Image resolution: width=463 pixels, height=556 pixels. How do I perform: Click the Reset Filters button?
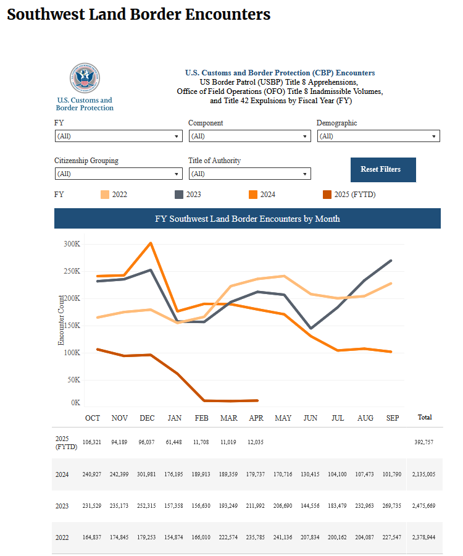click(x=383, y=169)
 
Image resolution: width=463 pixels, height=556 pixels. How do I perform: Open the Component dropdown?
click(x=250, y=136)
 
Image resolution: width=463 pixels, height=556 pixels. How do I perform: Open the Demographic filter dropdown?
click(x=378, y=136)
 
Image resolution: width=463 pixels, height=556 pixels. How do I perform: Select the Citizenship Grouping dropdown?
click(x=119, y=174)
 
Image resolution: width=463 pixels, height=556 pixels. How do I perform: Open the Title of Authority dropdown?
click(x=250, y=174)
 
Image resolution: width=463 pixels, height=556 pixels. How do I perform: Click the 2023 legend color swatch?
click(x=179, y=195)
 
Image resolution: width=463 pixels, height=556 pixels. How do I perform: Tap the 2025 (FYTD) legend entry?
click(x=349, y=195)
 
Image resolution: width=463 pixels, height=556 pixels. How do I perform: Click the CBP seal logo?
click(x=85, y=78)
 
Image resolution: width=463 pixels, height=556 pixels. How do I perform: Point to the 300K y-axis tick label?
click(x=72, y=244)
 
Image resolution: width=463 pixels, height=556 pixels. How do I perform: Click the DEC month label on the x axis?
click(x=147, y=418)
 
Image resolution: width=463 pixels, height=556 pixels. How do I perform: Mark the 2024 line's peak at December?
click(x=151, y=243)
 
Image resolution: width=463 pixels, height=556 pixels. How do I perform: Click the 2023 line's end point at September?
click(x=391, y=261)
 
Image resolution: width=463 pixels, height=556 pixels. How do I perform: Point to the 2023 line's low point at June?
click(x=311, y=329)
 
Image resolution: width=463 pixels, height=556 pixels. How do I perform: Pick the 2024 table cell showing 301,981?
click(x=146, y=474)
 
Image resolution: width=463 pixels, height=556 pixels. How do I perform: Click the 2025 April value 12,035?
click(x=256, y=442)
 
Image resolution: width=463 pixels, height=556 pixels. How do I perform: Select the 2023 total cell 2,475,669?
click(x=423, y=505)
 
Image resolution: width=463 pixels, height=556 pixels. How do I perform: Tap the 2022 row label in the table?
click(x=62, y=537)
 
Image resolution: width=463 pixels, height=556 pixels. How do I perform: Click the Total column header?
click(x=425, y=418)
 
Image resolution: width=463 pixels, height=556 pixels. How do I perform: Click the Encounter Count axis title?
click(x=61, y=320)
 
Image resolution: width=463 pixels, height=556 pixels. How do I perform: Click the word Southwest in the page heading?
click(x=45, y=15)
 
